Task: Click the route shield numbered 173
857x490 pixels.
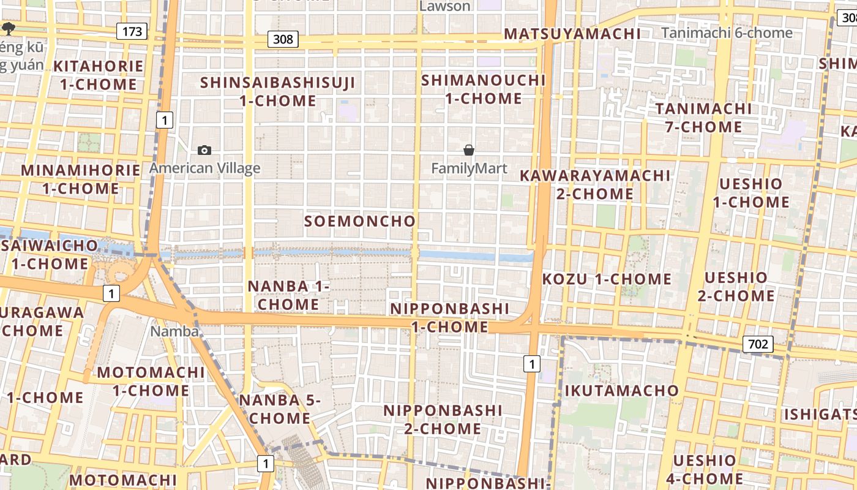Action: (x=132, y=31)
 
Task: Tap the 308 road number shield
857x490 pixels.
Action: (x=283, y=40)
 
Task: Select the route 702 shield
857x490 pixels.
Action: (x=758, y=344)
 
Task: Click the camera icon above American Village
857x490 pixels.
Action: (x=204, y=150)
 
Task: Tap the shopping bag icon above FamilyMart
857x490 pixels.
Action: (x=469, y=150)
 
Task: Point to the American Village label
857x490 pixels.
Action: (x=204, y=168)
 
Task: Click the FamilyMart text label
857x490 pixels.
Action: (x=469, y=168)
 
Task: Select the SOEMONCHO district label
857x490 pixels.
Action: (x=360, y=221)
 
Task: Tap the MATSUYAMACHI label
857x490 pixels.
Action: (x=572, y=34)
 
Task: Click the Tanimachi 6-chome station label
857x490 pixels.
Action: (x=727, y=33)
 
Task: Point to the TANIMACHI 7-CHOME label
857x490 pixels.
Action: (x=703, y=118)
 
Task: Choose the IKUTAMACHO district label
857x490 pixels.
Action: (x=621, y=391)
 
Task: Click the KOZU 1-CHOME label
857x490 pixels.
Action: (x=607, y=279)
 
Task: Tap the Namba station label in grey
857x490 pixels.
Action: (x=175, y=331)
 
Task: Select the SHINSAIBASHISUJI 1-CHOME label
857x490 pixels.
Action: (x=277, y=91)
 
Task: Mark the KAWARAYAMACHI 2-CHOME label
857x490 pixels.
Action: (x=595, y=184)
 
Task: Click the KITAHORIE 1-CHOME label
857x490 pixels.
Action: (x=98, y=75)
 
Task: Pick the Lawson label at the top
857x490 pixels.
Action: (x=445, y=6)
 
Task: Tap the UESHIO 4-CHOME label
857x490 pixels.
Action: (x=705, y=470)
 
